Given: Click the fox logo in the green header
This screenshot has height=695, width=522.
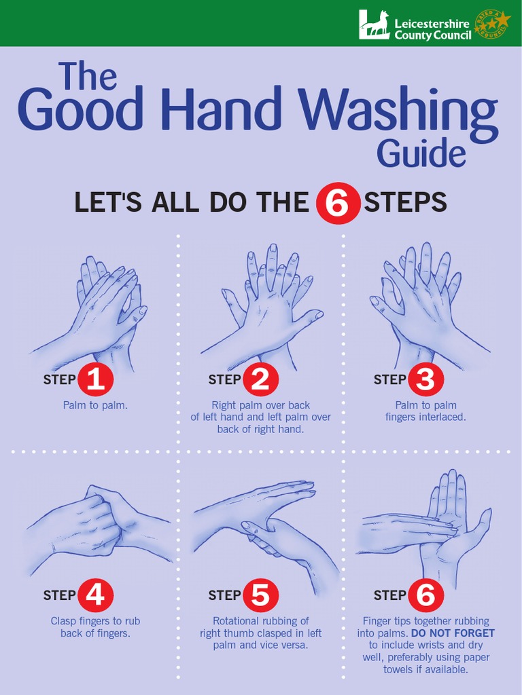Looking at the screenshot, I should (375, 24).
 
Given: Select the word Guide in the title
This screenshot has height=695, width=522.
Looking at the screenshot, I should (421, 153).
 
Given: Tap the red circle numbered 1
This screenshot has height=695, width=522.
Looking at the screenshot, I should (95, 379).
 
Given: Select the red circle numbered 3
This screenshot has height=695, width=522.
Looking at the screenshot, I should (425, 379).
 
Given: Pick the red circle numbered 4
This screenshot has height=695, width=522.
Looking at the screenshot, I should (95, 595).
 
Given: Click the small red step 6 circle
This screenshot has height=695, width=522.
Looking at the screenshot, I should (425, 595).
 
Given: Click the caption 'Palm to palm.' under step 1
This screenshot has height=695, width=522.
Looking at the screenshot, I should (95, 406).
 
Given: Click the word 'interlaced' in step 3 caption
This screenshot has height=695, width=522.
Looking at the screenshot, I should (443, 417).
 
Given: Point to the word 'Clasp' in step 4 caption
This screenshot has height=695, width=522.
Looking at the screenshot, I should (64, 621).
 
